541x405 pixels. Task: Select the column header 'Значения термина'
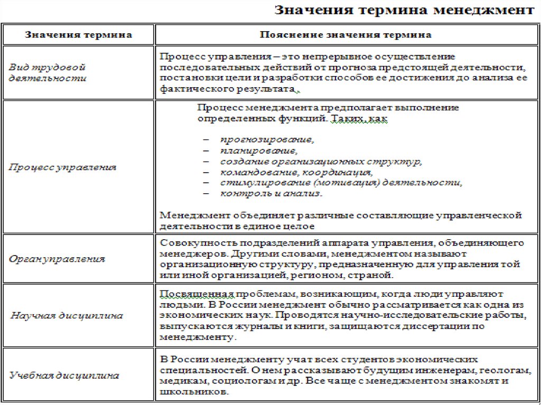[79, 35]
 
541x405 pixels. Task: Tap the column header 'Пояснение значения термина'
[346, 35]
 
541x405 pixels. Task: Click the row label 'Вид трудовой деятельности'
[48, 73]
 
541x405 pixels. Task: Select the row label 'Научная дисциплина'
[67, 315]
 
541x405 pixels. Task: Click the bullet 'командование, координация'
[297, 172]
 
